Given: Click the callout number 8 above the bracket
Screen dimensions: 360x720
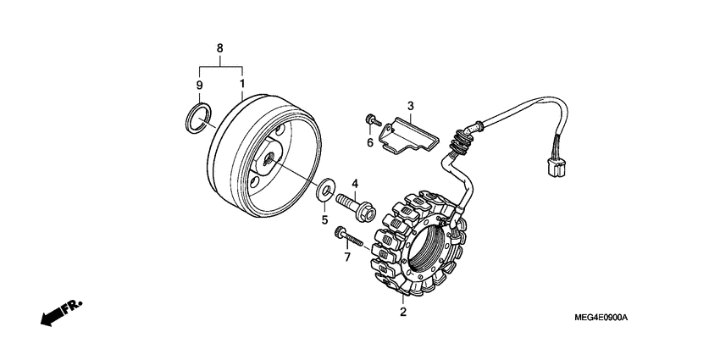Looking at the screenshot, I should point(220,48).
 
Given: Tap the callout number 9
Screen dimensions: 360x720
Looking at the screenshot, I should point(200,85).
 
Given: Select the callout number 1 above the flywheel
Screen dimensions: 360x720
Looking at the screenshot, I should point(242,85).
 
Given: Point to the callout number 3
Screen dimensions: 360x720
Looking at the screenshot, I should point(409,106).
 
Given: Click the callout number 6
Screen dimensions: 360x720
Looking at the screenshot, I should point(370,143).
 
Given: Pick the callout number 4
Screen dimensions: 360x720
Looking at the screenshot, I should point(356,183).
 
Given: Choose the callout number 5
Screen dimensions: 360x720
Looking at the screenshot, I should point(323,221).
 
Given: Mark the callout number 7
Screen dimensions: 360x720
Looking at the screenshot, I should point(346,256).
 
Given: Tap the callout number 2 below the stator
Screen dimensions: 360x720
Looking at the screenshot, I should point(403,313).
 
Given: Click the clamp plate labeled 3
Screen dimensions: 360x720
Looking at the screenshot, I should point(407,135).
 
